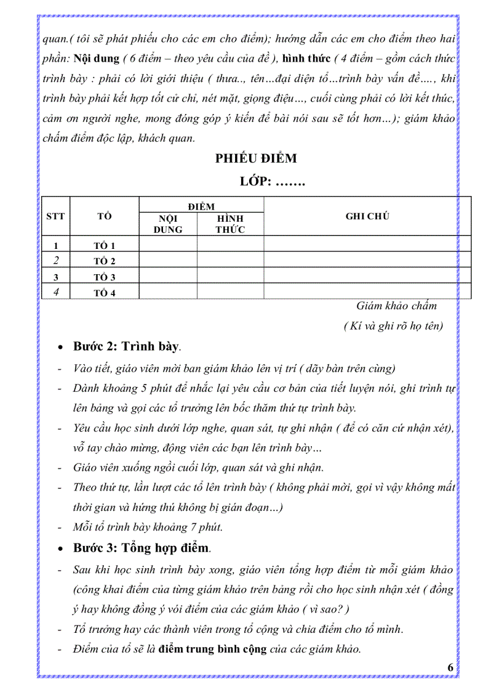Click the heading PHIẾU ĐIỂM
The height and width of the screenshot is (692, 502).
[x=256, y=158]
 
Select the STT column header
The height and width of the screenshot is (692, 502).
[x=55, y=216]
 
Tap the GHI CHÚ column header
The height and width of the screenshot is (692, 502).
[x=367, y=216]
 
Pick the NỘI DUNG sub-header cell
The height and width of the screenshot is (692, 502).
[x=168, y=224]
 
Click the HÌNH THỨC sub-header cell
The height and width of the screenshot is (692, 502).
[x=230, y=224]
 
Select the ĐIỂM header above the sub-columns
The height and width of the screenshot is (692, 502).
[x=201, y=206]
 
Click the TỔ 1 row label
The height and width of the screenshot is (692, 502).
[x=104, y=246]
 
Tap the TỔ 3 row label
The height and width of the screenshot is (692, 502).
[x=104, y=277]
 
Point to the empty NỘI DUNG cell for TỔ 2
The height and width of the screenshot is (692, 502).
[x=168, y=261]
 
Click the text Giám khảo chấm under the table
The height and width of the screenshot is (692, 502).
[x=396, y=306]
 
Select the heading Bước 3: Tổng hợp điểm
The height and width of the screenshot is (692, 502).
[x=142, y=548]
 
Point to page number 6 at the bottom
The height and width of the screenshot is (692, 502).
[x=450, y=667]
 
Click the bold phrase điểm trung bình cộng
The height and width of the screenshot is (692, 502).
[x=213, y=649]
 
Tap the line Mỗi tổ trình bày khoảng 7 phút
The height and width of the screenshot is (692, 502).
[x=148, y=527]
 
